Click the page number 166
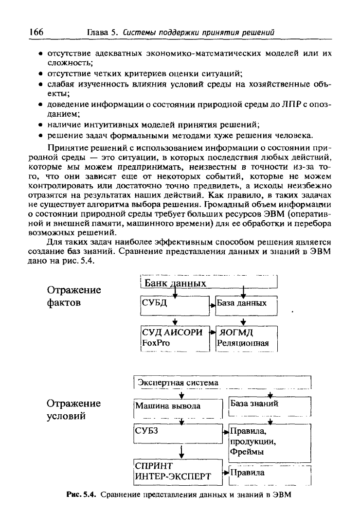pos(36,32)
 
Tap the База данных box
pos(246,305)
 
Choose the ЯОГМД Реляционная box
pos(246,337)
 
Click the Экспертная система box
pos(221,383)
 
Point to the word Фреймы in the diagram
pos(247,452)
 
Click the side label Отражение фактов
pos(73,296)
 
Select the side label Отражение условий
pos(73,409)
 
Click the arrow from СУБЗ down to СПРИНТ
pos(181,451)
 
